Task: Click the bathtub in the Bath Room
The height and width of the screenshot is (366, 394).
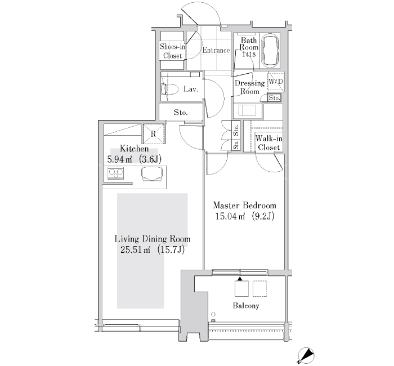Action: coord(270,50)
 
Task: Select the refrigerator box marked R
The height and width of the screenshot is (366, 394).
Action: coord(153,133)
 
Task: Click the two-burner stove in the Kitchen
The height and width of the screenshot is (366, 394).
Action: coord(115,173)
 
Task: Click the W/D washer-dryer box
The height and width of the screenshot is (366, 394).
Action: coord(276,82)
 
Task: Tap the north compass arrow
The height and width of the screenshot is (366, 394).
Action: coord(306,355)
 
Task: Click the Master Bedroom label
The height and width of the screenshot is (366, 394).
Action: coord(244,206)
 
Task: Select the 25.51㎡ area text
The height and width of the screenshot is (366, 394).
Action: coord(136,250)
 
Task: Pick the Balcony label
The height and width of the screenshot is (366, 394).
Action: coord(246,306)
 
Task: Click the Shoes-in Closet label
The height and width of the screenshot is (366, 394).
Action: coord(172,51)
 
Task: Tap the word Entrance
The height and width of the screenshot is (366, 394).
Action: coord(216,50)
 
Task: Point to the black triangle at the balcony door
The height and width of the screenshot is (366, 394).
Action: coord(240,278)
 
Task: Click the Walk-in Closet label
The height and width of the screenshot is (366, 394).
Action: coord(268,143)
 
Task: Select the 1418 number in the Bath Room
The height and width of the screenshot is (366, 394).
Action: coord(249,55)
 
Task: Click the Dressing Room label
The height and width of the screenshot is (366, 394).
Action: coord(250,87)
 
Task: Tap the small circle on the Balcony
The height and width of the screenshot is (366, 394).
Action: coord(213,314)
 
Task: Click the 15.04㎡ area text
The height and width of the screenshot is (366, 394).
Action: coord(230,216)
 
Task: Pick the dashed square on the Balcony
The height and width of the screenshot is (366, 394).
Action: coord(259,288)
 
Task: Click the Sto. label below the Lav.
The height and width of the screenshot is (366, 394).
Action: coord(181,113)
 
